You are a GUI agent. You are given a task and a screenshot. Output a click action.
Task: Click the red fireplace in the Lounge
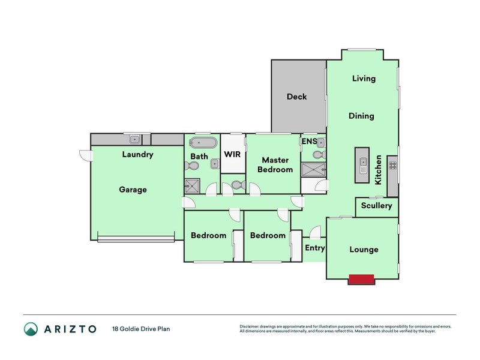[x=361, y=280]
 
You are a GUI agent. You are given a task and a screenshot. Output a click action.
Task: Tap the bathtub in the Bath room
[x=203, y=143]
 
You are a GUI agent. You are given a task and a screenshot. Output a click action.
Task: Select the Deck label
[x=296, y=97]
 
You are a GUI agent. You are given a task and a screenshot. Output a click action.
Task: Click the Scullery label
[x=377, y=205]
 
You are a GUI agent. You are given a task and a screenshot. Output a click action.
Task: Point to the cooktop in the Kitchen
[x=393, y=166]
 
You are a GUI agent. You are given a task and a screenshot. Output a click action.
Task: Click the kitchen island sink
[x=363, y=166]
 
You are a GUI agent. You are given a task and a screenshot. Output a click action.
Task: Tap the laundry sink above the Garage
[x=134, y=140]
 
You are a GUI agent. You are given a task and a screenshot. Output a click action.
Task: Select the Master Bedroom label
[x=275, y=164]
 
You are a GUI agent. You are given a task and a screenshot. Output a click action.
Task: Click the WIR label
[x=232, y=154]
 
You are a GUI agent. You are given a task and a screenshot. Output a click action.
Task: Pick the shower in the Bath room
[x=192, y=185]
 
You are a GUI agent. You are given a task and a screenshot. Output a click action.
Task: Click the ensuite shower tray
[x=313, y=170]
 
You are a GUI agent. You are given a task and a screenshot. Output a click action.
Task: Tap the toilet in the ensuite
[x=320, y=155]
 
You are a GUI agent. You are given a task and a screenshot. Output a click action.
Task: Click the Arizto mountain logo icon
[x=31, y=329]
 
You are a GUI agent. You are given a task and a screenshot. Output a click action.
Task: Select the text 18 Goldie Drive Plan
[x=141, y=329]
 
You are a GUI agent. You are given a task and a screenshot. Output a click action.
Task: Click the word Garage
[x=133, y=190]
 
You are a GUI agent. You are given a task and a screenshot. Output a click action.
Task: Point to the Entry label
[x=315, y=248]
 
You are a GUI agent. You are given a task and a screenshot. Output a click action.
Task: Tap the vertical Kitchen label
[x=379, y=170]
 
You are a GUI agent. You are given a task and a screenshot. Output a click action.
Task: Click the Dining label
[x=361, y=116]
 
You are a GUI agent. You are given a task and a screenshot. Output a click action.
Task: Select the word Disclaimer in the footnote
[x=249, y=326]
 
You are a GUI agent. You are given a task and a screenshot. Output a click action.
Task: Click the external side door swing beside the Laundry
[x=86, y=155]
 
